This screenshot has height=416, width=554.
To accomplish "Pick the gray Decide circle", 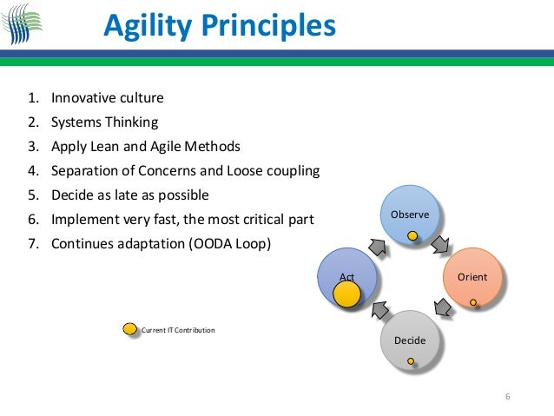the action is pyautogui.click(x=410, y=340).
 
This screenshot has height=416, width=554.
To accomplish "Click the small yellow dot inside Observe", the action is pyautogui.click(x=413, y=234).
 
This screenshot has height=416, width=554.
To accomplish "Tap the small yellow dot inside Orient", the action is pyautogui.click(x=473, y=302).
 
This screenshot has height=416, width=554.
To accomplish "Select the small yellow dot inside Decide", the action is pyautogui.click(x=410, y=360).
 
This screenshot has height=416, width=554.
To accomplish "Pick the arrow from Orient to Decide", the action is pyautogui.click(x=442, y=307).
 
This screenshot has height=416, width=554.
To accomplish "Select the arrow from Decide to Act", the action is pyautogui.click(x=379, y=308).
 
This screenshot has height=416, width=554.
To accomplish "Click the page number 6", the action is pyautogui.click(x=508, y=397).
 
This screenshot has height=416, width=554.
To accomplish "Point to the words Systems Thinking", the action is pyautogui.click(x=104, y=122).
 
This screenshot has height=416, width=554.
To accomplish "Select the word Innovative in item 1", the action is pyautogui.click(x=81, y=97).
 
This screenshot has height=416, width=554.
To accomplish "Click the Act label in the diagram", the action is pyautogui.click(x=346, y=277).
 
